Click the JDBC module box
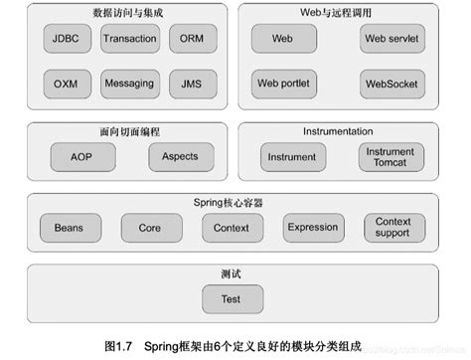click(68, 41)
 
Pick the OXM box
click(68, 83)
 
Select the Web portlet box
click(282, 83)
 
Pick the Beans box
click(69, 228)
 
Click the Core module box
click(149, 228)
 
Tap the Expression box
click(313, 228)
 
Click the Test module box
click(230, 297)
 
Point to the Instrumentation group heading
click(338, 130)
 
